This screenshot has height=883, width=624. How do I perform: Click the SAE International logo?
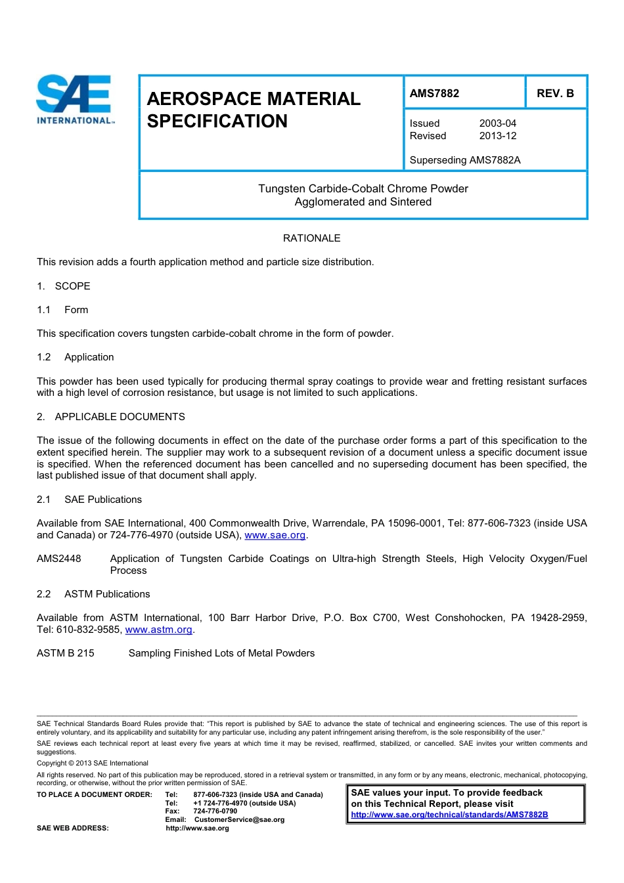click(74, 99)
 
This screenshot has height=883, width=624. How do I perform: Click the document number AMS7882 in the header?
click(434, 93)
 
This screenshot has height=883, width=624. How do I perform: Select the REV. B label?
click(555, 93)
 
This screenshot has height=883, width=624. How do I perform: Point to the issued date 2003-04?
click(497, 123)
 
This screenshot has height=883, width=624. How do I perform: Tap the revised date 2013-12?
click(497, 136)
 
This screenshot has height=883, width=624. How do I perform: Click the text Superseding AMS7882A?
click(464, 160)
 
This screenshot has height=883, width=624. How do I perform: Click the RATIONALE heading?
click(311, 238)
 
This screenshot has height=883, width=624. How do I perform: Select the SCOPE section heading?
click(72, 286)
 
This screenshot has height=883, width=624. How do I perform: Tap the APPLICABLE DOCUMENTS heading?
click(120, 417)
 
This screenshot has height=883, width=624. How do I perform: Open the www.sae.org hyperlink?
click(275, 535)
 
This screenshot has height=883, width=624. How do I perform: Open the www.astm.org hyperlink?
click(158, 630)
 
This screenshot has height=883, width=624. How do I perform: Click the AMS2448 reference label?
click(59, 559)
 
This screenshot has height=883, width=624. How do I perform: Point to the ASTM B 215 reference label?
click(66, 653)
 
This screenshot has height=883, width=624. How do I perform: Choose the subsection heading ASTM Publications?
click(107, 594)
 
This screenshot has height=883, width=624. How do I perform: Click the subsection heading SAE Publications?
click(103, 500)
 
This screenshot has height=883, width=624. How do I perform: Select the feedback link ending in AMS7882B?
click(449, 815)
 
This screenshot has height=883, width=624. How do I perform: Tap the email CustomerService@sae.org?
click(239, 819)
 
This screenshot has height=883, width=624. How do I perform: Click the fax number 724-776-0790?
click(215, 811)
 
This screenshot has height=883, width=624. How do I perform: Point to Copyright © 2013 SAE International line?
click(93, 763)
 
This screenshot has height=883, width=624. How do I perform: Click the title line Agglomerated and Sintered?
click(363, 202)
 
